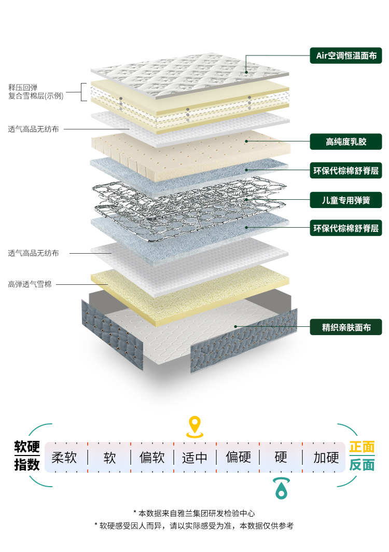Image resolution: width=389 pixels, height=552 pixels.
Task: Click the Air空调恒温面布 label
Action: point(346,56)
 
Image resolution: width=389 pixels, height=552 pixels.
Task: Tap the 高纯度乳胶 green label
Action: point(346,141)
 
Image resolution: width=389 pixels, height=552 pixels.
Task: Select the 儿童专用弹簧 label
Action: point(346,200)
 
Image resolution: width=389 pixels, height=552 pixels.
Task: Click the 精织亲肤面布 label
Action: point(346,327)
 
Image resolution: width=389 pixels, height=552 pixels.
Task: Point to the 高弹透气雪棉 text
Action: point(30,284)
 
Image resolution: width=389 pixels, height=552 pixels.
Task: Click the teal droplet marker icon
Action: point(281,488)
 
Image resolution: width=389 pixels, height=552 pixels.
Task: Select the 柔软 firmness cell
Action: point(64,457)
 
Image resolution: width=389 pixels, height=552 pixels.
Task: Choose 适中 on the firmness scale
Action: point(195,457)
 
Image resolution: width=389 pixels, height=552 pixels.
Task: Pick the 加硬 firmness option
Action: point(326,457)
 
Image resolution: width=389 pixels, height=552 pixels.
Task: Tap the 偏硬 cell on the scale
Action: point(238,457)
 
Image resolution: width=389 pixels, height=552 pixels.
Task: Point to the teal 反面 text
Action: point(362,465)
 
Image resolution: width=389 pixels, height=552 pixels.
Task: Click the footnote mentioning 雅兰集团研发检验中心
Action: point(194,513)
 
